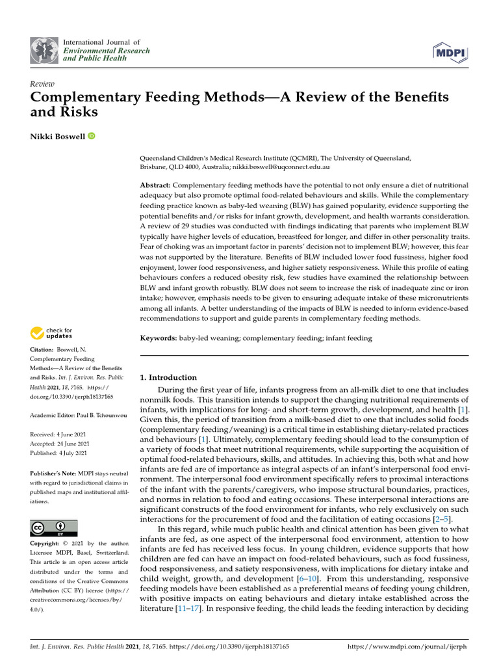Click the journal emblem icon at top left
pyautogui.click(x=44, y=50)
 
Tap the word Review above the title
pyautogui.click(x=42, y=84)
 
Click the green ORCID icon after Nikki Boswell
pyautogui.click(x=91, y=136)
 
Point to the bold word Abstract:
pyautogui.click(x=156, y=185)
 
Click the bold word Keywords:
pyautogui.click(x=159, y=338)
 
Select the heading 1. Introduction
pyautogui.click(x=168, y=377)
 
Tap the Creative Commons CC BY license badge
pyautogui.click(x=54, y=527)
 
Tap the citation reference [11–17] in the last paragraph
pyautogui.click(x=194, y=609)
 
